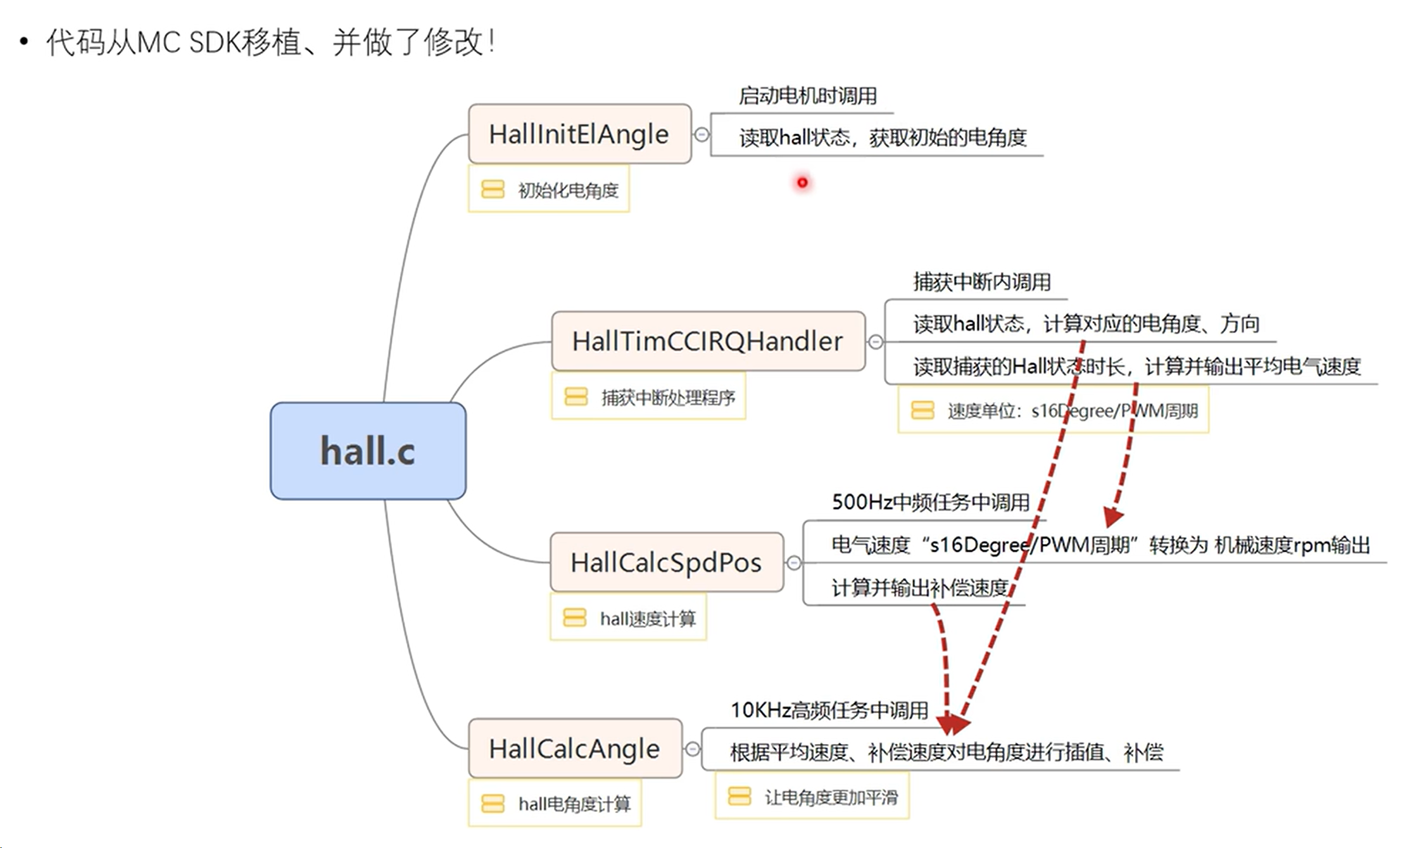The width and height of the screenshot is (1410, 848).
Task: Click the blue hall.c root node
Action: [x=368, y=451]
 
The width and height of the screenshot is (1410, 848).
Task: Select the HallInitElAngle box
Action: [x=579, y=134]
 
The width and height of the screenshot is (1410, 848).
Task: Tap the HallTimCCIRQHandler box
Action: [x=707, y=341]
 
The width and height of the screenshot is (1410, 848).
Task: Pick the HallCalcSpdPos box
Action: [x=665, y=562]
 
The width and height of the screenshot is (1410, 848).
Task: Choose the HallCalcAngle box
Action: [x=574, y=749]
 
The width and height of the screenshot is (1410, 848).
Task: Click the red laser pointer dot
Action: [x=802, y=183]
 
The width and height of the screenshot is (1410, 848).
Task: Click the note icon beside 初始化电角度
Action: [x=493, y=189]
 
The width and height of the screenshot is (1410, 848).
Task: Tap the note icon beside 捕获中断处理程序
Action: [x=576, y=397]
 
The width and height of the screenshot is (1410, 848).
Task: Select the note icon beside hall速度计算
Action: [x=574, y=617]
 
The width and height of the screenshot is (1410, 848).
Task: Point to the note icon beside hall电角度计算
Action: [x=493, y=804]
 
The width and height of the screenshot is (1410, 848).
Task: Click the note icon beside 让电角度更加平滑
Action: [x=739, y=796]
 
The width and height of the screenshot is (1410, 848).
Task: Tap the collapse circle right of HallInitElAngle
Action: [x=702, y=134]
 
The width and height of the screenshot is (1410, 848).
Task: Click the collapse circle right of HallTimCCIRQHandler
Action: [x=876, y=342]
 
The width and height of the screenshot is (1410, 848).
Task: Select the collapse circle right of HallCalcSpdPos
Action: [x=794, y=562]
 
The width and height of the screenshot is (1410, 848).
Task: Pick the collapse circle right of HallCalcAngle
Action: [x=693, y=749]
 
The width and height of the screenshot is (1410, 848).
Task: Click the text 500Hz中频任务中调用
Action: [x=930, y=502]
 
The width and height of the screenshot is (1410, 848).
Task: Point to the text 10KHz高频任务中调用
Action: [x=829, y=711]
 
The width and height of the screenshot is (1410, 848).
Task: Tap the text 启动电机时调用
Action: [x=807, y=96]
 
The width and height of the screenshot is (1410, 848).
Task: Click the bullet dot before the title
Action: [x=24, y=42]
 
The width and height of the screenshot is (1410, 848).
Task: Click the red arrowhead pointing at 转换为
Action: [x=1113, y=517]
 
